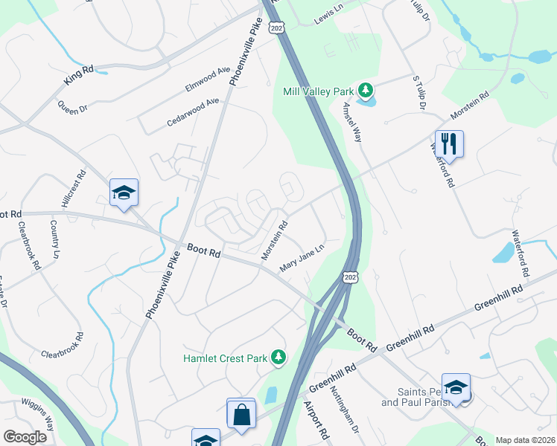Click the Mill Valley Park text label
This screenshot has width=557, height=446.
point(318,91)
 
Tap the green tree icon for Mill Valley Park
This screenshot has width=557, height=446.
point(365,91)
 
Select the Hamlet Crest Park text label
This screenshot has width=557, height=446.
point(225,358)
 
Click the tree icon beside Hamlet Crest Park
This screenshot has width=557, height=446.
point(278,358)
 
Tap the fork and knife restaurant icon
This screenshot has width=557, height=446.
point(449,143)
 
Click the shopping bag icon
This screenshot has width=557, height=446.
point(242,415)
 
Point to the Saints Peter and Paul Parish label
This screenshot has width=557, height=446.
point(418,398)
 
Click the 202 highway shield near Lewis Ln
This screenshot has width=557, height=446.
point(277,28)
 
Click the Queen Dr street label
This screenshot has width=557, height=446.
point(72,103)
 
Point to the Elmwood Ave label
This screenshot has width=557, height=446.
point(209,80)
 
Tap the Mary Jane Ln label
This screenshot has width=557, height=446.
point(302,258)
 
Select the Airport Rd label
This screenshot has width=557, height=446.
point(316,419)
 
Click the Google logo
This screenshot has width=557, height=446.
point(25,437)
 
